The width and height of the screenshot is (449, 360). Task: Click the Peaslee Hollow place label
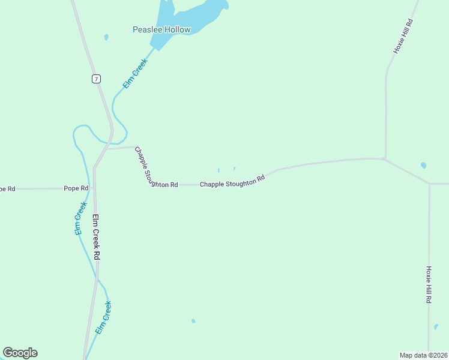point(161,29)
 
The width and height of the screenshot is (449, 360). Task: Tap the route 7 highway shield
point(96,79)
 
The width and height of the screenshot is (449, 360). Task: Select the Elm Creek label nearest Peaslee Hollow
point(135,74)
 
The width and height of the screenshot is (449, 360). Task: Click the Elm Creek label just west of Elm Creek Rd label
point(80,217)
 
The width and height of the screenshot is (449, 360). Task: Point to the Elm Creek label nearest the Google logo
point(104,317)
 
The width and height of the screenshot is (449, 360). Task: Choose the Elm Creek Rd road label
point(96,237)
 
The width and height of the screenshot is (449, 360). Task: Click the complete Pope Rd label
point(76,188)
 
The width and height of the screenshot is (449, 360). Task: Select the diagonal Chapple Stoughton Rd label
point(148,168)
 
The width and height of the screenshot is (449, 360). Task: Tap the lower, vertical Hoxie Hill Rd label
point(429,284)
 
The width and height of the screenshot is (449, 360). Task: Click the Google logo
point(20,353)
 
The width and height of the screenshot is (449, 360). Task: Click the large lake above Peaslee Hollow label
point(192,15)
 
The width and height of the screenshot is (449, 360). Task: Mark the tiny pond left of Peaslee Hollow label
point(106,37)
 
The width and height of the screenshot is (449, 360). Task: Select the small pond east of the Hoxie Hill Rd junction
point(423,165)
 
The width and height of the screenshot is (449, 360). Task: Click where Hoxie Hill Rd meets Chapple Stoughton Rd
point(384,158)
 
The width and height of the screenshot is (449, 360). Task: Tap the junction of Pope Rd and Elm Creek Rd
point(95,188)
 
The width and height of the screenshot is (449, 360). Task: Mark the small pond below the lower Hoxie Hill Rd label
point(436,327)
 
